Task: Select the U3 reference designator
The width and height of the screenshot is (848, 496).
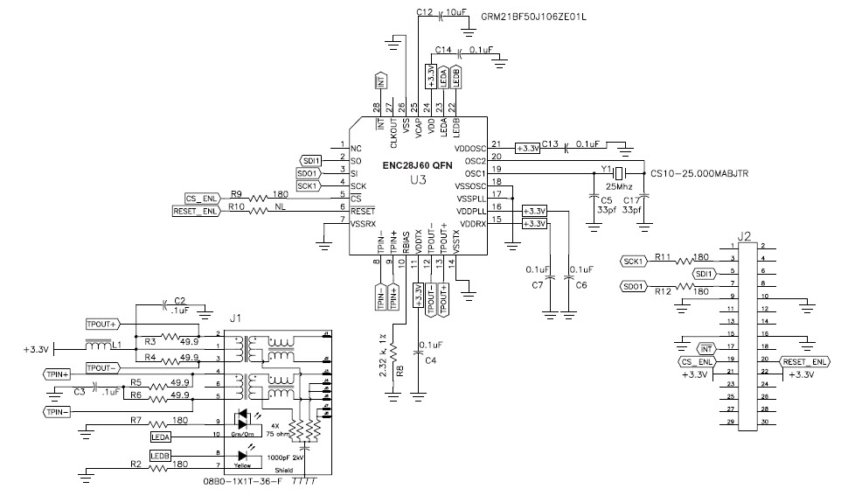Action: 418,180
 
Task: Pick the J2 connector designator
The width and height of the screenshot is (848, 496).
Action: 744,235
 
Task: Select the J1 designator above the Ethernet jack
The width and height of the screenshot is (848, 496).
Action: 233,318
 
